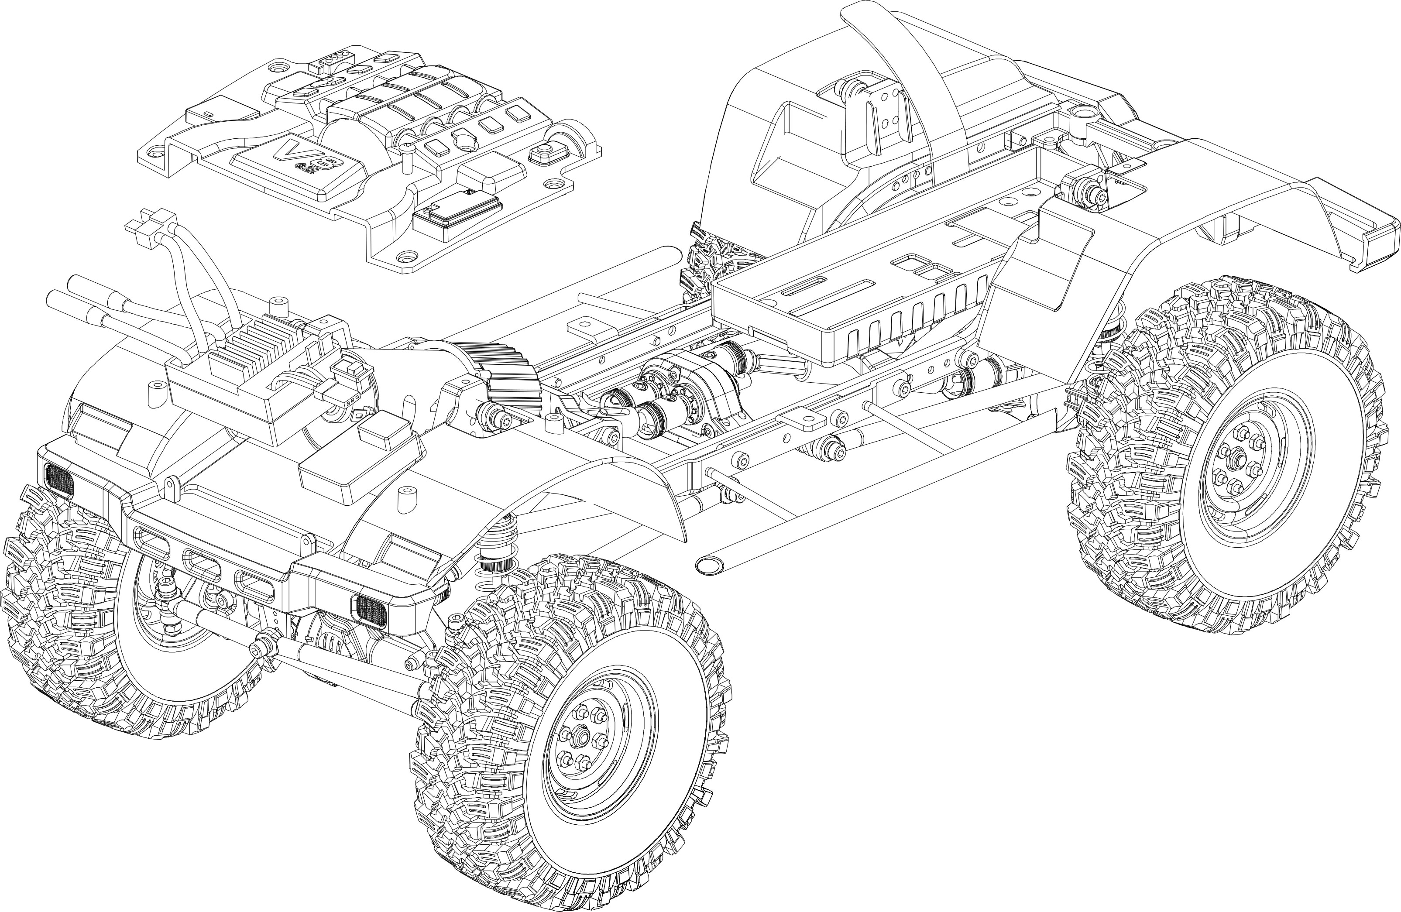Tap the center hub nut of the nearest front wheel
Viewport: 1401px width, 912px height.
click(x=583, y=735)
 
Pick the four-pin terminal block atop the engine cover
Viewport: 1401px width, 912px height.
click(x=336, y=59)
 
